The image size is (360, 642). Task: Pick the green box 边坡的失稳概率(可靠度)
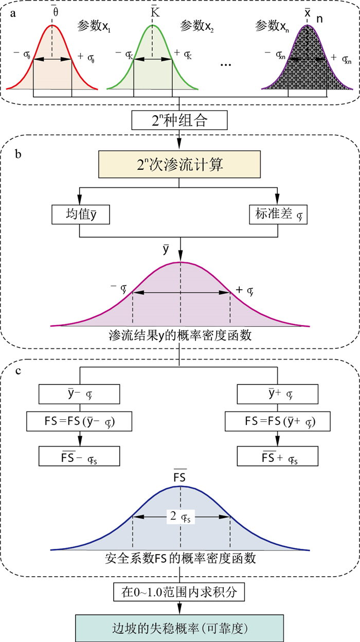click(179, 628)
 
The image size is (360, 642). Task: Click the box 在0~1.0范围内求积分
click(179, 593)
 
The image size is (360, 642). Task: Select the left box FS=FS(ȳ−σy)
click(80, 422)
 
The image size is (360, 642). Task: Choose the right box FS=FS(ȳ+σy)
click(278, 422)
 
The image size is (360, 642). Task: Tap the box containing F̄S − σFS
click(80, 455)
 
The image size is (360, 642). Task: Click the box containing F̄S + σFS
click(278, 455)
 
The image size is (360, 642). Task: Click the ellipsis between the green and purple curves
click(226, 65)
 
